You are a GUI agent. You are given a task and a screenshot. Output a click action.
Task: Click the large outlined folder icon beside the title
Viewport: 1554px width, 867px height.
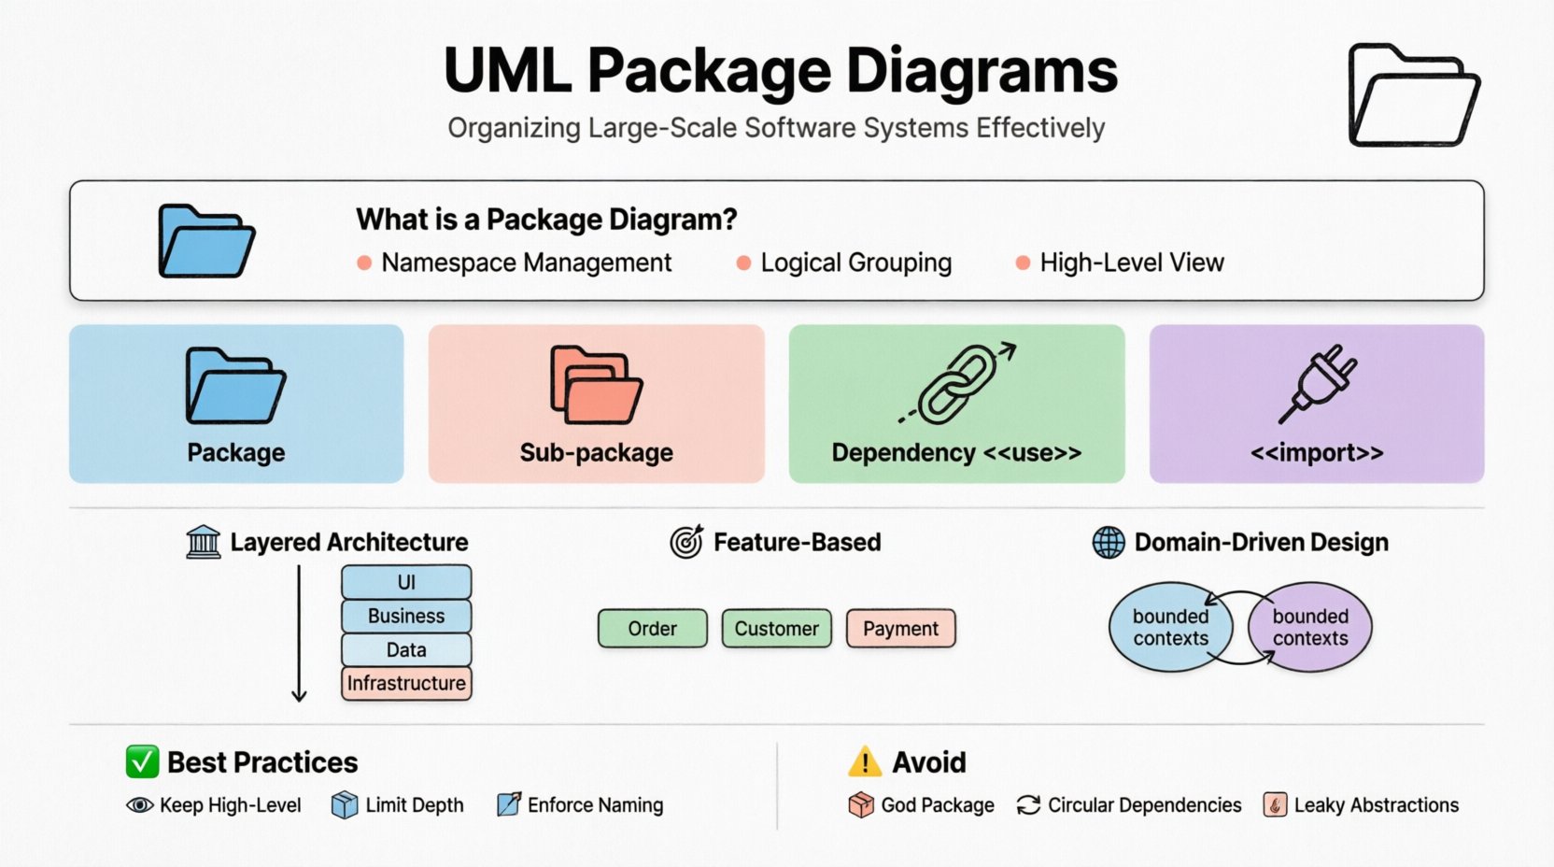(1413, 95)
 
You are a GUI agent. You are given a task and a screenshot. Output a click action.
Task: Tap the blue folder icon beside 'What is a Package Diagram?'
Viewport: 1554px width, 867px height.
(205, 241)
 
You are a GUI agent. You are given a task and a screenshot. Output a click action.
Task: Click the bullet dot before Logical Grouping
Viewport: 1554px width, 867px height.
(743, 263)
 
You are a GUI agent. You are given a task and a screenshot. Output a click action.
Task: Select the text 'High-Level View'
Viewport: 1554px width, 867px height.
(1131, 263)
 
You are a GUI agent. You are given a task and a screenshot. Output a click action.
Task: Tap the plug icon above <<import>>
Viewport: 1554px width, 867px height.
(1318, 383)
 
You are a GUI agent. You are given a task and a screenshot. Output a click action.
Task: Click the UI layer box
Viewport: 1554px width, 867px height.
(406, 582)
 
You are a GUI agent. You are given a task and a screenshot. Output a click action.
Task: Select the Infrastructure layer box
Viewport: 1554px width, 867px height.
(406, 683)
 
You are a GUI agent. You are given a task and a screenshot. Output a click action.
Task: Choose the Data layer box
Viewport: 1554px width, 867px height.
(406, 649)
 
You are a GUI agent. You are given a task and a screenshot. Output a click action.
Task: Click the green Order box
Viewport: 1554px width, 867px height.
(652, 629)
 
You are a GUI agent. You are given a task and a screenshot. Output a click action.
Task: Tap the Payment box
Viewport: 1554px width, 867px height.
(900, 629)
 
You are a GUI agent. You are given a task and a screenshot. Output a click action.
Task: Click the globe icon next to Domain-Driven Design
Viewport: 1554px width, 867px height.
(1109, 542)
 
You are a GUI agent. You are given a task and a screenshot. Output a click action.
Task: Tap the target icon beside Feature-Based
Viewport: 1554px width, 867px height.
(686, 542)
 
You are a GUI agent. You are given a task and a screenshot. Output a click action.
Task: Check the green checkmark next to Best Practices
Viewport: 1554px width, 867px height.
(142, 762)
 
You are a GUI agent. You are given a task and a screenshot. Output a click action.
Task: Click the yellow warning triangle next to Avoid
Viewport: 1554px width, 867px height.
(865, 762)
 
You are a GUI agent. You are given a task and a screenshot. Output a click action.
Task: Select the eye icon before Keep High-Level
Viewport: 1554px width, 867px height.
(140, 805)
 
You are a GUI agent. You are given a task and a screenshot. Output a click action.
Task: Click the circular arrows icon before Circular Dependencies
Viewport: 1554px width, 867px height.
(1028, 805)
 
